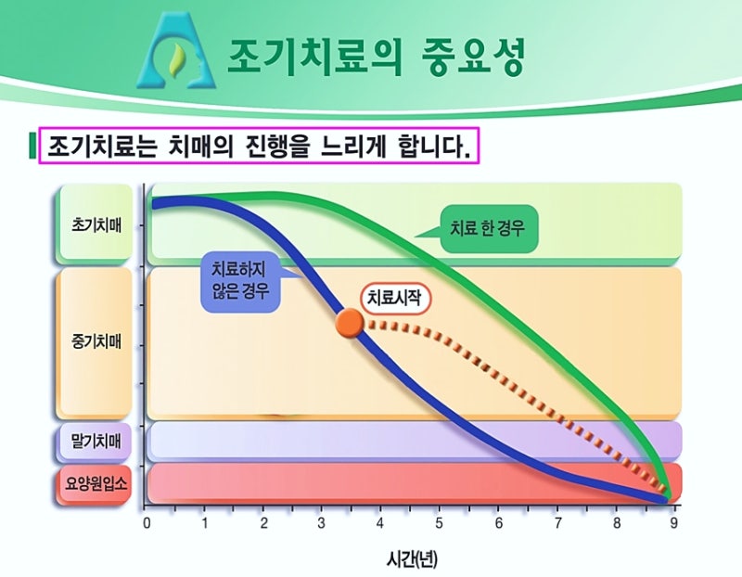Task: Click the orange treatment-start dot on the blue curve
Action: (350, 324)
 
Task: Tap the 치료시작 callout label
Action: (396, 298)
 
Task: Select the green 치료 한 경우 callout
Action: (488, 228)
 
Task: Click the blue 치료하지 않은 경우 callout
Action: (241, 281)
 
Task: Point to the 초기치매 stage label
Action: (96, 224)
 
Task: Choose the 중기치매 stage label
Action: (96, 341)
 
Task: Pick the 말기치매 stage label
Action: (96, 442)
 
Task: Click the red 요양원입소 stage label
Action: (96, 483)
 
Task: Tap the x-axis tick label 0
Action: (147, 523)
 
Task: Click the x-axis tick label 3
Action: (321, 523)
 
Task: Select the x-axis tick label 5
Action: (439, 523)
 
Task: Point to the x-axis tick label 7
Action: (557, 523)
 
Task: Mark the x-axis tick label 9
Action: (673, 523)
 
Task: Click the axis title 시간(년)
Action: (412, 559)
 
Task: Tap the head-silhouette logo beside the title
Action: (176, 51)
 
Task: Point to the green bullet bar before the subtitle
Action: (32, 147)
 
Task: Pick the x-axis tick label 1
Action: (205, 523)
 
